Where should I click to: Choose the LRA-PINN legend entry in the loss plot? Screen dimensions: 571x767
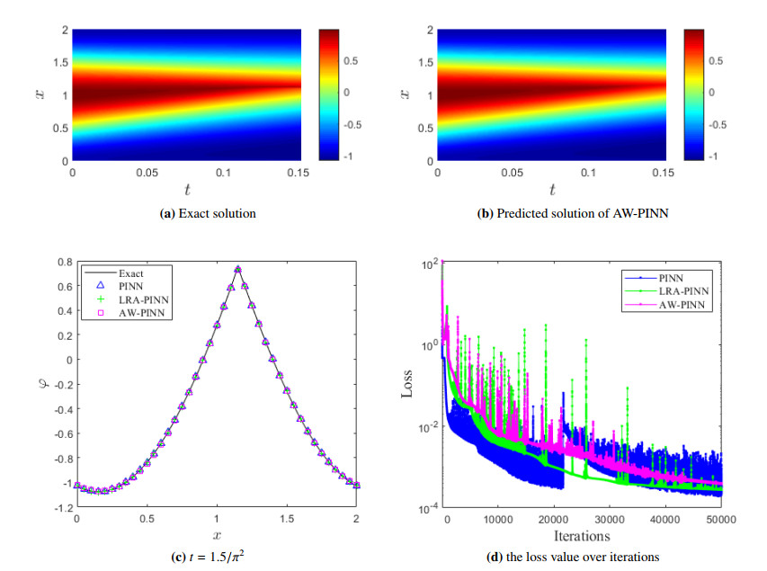click(x=682, y=290)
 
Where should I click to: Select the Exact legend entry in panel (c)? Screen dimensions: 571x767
click(x=131, y=272)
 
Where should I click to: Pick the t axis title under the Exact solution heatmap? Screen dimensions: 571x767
click(x=187, y=190)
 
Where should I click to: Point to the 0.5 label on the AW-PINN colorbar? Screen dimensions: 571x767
click(x=715, y=60)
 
